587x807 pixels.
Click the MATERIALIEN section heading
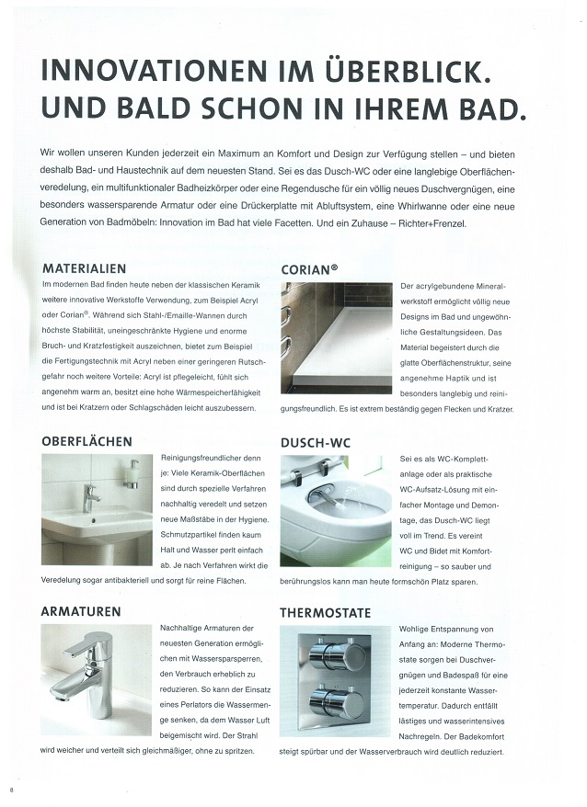[84, 269]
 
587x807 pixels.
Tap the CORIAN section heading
[309, 269]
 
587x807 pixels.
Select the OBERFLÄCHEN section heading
[86, 441]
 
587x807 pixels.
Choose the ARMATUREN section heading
[81, 611]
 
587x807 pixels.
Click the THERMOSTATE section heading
[326, 611]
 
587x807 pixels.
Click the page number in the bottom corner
[11, 790]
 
